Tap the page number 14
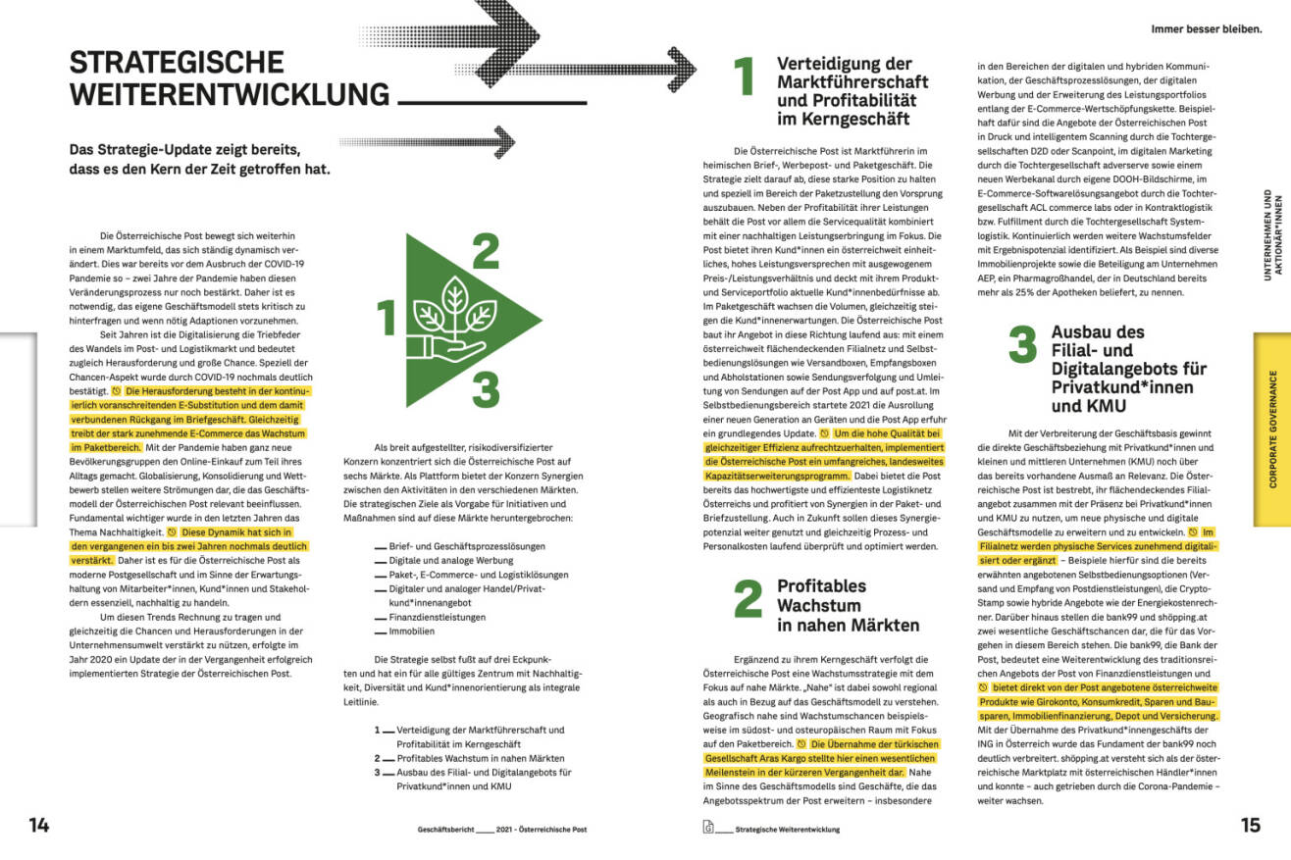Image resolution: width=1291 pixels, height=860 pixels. pos(38,825)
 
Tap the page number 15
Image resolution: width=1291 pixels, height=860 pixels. pos(1250,825)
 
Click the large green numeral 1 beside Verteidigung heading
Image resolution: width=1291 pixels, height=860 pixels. pos(745,77)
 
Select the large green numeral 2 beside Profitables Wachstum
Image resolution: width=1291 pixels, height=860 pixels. pos(748,599)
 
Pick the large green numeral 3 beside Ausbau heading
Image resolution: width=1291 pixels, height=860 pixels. pos(1022,345)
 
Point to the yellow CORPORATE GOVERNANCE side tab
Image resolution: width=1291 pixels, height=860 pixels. pos(1272,429)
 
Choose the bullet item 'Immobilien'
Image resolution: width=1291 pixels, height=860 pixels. pos(411,632)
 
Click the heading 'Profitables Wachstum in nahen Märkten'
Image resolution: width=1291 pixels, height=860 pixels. pos(848,605)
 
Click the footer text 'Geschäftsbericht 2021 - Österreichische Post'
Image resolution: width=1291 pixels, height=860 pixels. pos(501,829)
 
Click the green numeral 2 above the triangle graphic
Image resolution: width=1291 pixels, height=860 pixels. pos(485,251)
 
